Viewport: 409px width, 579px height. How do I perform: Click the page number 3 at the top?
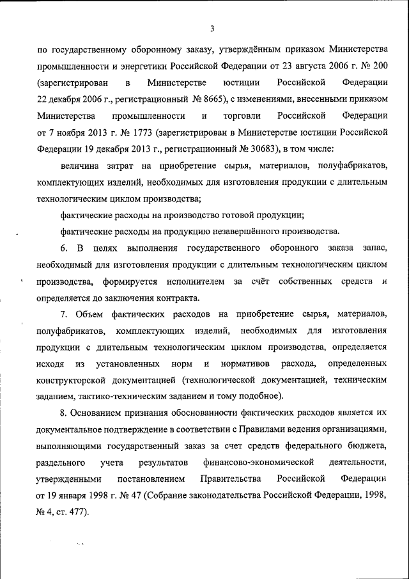pos(212,28)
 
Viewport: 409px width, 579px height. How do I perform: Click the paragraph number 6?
pos(63,248)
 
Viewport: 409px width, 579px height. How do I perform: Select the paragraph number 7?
pos(63,314)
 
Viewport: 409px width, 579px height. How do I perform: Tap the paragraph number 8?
pos(63,413)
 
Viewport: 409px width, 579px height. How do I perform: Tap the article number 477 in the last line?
pos(79,512)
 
